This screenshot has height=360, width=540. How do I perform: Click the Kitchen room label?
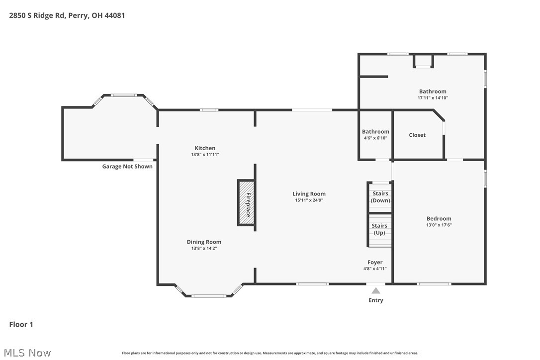click(205, 148)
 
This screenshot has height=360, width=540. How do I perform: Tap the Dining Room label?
click(204, 242)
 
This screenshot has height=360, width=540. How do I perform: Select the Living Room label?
click(309, 194)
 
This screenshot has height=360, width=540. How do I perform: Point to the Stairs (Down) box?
click(380, 197)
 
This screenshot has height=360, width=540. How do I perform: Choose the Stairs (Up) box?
click(379, 229)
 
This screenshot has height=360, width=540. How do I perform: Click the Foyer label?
click(375, 263)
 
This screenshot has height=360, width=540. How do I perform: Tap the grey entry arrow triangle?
click(376, 290)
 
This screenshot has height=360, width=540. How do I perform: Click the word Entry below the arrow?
click(376, 300)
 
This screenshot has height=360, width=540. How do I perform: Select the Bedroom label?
click(439, 219)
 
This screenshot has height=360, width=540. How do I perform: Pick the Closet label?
click(417, 135)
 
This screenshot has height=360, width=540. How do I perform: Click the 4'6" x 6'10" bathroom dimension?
click(375, 138)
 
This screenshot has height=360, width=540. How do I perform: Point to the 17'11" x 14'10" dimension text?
click(433, 98)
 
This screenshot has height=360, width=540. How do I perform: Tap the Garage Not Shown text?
click(127, 167)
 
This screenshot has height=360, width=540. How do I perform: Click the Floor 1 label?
click(21, 325)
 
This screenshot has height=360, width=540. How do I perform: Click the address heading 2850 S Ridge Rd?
click(67, 15)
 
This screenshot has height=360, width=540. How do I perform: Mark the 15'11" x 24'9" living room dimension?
click(309, 200)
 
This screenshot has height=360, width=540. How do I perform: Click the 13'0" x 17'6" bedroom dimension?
click(439, 225)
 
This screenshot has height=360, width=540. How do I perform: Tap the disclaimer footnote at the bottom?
click(270, 353)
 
